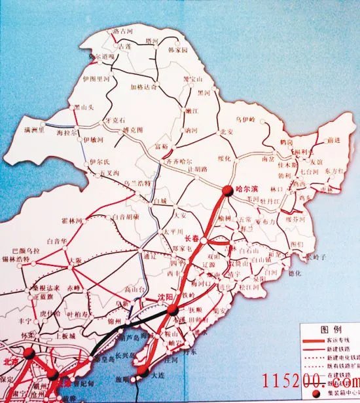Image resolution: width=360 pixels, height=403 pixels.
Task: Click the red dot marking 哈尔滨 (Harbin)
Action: (226, 191)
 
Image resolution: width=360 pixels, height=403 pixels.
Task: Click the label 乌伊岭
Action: (246, 119)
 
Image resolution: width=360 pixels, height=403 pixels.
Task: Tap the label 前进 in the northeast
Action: (334, 140)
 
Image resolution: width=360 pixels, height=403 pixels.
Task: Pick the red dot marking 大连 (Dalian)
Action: (140, 374)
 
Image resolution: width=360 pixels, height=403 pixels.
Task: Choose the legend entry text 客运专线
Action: (333, 341)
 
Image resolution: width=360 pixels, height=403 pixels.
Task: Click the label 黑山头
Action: (84, 106)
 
